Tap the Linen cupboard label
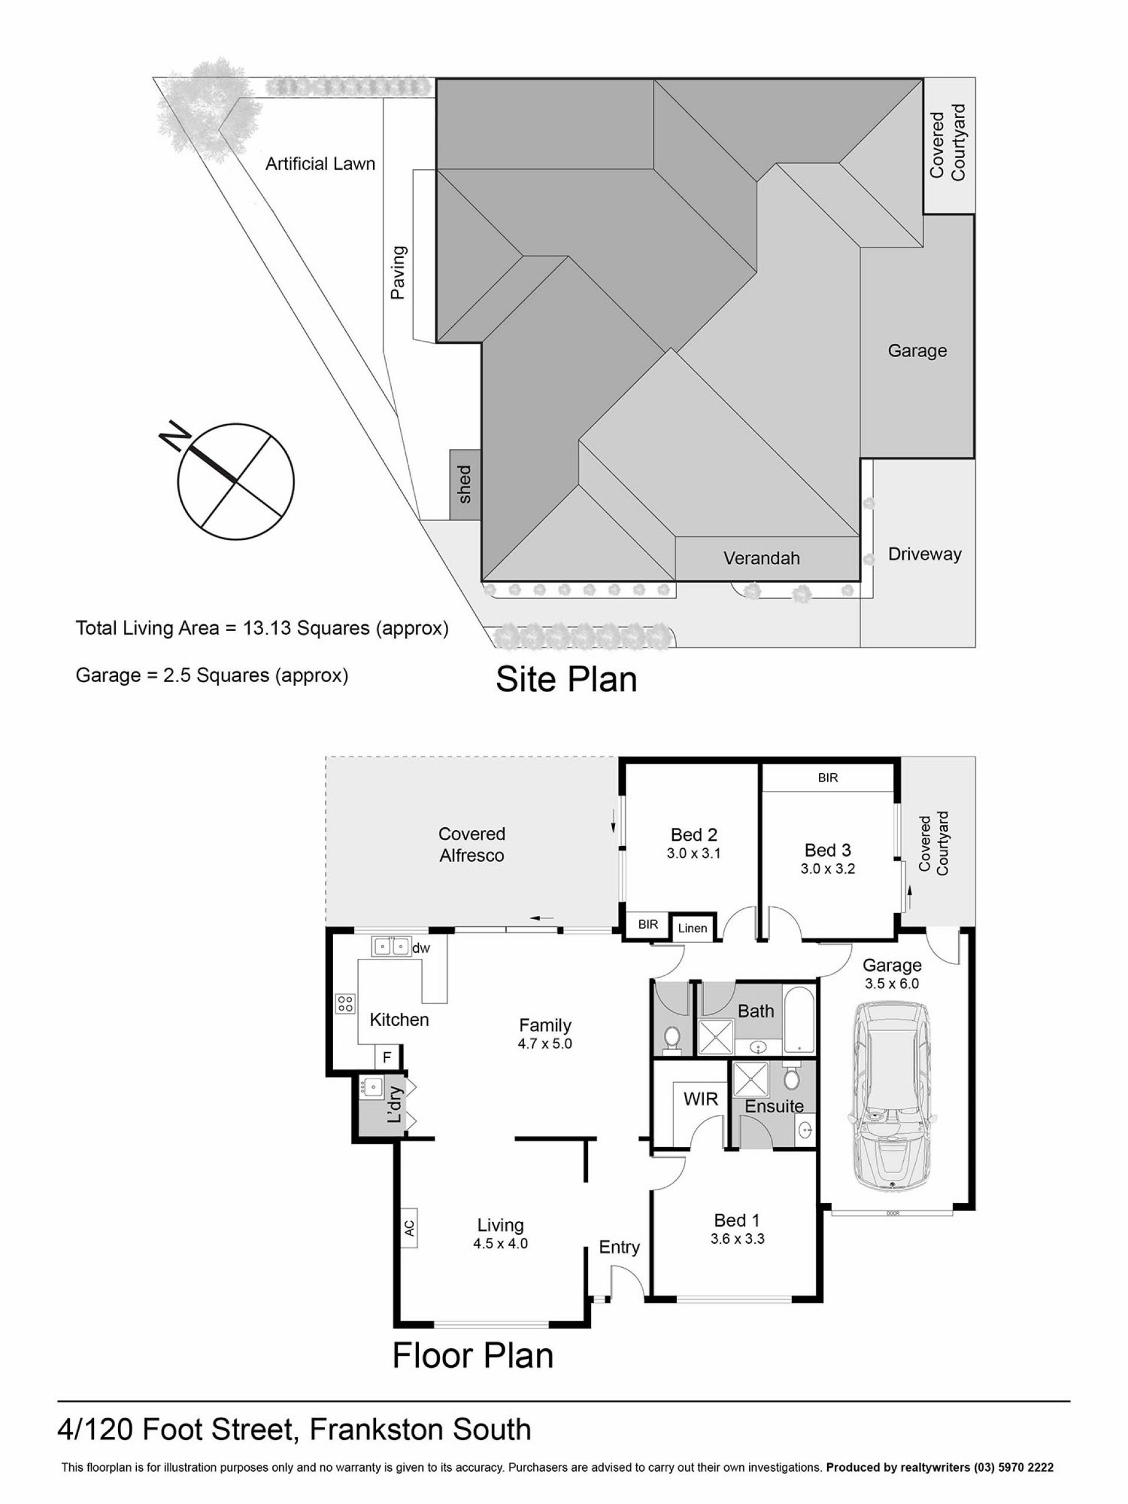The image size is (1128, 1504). (x=693, y=928)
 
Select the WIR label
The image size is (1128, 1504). (x=700, y=1099)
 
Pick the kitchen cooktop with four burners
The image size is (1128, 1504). (x=345, y=1003)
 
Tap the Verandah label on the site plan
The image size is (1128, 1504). (x=761, y=558)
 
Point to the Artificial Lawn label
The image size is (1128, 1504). (x=320, y=164)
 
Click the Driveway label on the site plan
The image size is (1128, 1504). (x=925, y=554)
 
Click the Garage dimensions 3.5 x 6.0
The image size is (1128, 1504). (x=892, y=983)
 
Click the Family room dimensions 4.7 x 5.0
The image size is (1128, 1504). (x=545, y=1043)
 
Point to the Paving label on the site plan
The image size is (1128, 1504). (x=398, y=273)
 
